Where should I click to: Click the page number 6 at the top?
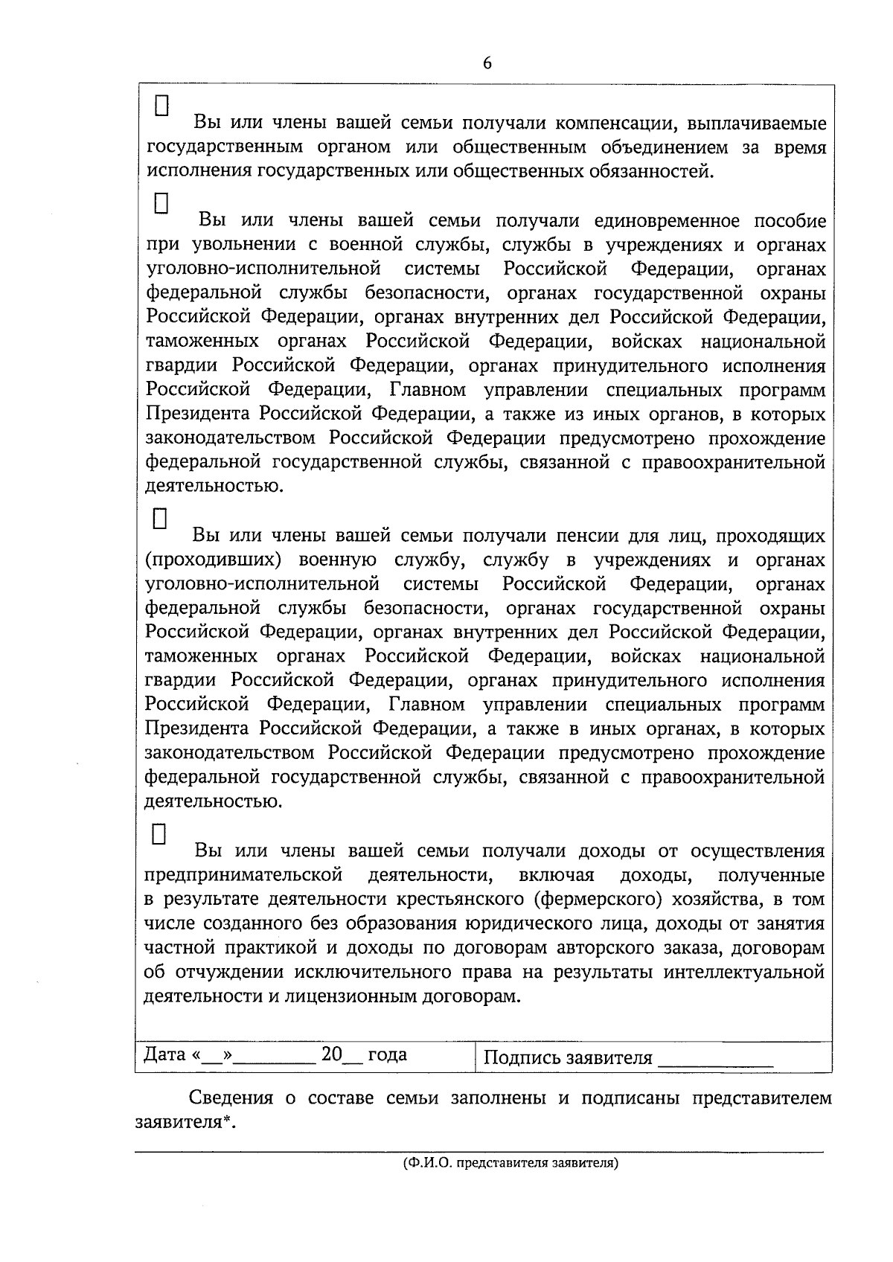[x=487, y=63]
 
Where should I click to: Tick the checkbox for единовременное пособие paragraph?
[x=162, y=203]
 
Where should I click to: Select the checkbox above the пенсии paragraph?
[x=161, y=518]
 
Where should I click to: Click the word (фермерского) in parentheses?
[x=598, y=899]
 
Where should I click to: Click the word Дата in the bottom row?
[x=164, y=1054]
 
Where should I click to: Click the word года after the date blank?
[x=387, y=1054]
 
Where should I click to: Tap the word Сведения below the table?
[x=230, y=1098]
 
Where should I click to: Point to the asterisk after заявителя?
[x=226, y=1121]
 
